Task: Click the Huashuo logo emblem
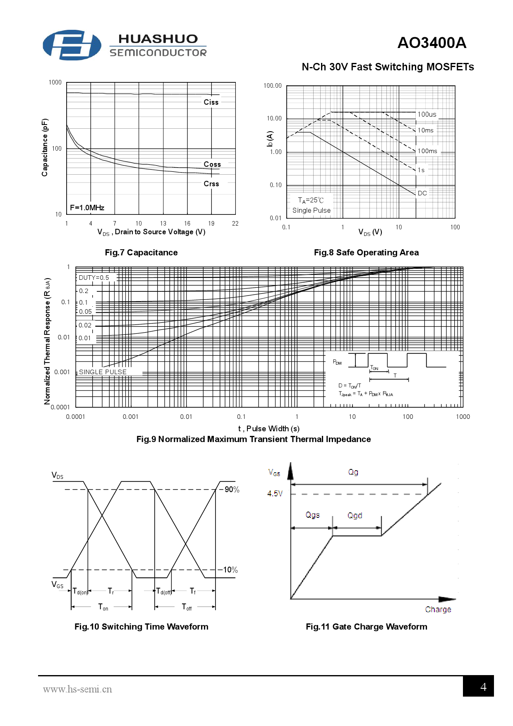point(72,45)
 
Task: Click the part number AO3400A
point(431,43)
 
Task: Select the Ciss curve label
point(211,102)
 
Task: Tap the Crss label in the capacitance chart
point(211,184)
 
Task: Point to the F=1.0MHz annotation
point(87,208)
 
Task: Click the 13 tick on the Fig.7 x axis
point(163,224)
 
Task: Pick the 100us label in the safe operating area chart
point(427,115)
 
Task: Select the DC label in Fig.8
point(422,193)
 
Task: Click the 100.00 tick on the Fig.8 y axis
point(272,86)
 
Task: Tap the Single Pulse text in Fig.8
point(312,210)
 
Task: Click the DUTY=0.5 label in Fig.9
point(94,278)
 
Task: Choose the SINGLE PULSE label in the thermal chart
point(103,372)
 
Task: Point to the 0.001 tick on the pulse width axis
point(130,417)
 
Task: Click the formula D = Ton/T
point(350,385)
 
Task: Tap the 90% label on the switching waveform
point(232,490)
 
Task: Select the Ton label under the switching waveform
point(103,607)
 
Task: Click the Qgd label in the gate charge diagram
point(355,515)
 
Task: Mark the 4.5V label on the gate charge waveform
point(275,493)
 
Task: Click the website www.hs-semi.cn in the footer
point(77,689)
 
